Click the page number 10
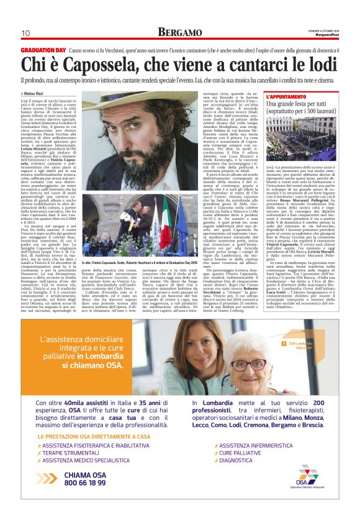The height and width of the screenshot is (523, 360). pyautogui.click(x=25, y=33)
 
